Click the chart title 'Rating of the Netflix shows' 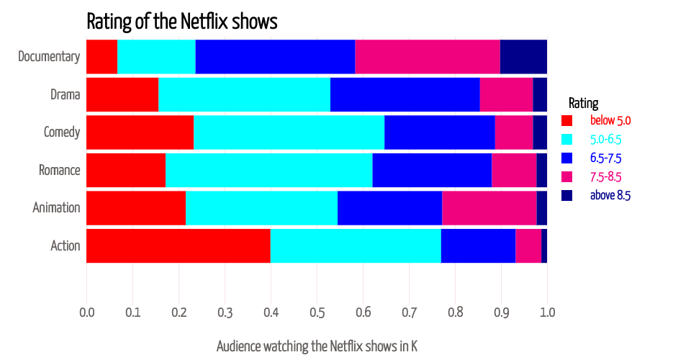click(x=181, y=21)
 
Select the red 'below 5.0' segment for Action click(x=178, y=246)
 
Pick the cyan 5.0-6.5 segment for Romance click(x=268, y=171)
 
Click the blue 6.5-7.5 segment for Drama click(x=405, y=94)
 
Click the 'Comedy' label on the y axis click(x=61, y=132)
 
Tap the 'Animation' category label click(x=56, y=208)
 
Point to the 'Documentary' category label click(x=49, y=57)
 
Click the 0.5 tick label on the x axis click(x=317, y=313)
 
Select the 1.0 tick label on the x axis click(x=547, y=313)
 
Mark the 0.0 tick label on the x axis click(x=86, y=313)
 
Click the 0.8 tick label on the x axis click(x=455, y=313)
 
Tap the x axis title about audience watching click(x=317, y=346)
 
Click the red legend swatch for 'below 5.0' click(x=566, y=120)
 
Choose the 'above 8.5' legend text click(x=610, y=195)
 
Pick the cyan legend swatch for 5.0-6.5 click(x=566, y=139)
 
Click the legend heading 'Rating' click(x=583, y=103)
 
